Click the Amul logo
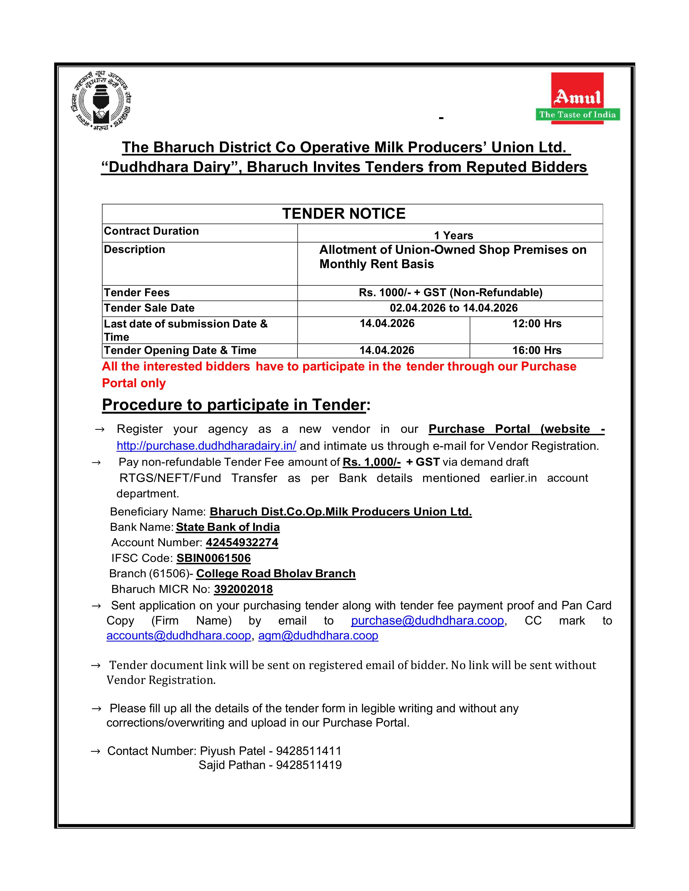[x=578, y=98]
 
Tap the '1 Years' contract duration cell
[x=453, y=235]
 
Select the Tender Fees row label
[x=137, y=292]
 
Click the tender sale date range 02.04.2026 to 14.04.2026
[x=453, y=308]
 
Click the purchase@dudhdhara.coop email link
[x=427, y=620]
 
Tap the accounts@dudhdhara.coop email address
[x=178, y=636]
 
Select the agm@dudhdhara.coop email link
[x=318, y=636]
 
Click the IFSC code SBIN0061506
[x=213, y=558]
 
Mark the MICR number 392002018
[x=243, y=589]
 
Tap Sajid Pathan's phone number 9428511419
[x=309, y=765]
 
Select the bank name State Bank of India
[x=228, y=527]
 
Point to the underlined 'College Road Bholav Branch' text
[x=276, y=573]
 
